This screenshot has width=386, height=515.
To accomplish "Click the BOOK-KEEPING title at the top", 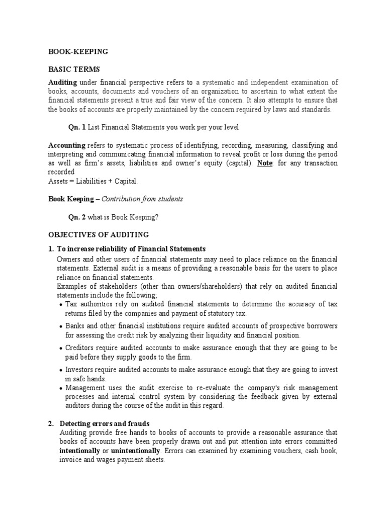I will pyautogui.click(x=78, y=51).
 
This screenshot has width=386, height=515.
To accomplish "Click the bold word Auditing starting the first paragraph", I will pyautogui.click(x=62, y=82).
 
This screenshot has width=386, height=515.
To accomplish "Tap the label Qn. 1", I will pyautogui.click(x=77, y=127).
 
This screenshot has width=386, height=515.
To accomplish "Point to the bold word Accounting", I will pyautogui.click(x=66, y=145).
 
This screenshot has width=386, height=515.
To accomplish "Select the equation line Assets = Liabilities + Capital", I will pyautogui.click(x=92, y=181).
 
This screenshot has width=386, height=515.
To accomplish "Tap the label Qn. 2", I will pyautogui.click(x=77, y=217).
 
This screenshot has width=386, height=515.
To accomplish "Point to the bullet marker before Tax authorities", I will pyautogui.click(x=61, y=305).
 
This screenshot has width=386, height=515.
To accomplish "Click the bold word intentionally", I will pyautogui.click(x=82, y=451).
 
